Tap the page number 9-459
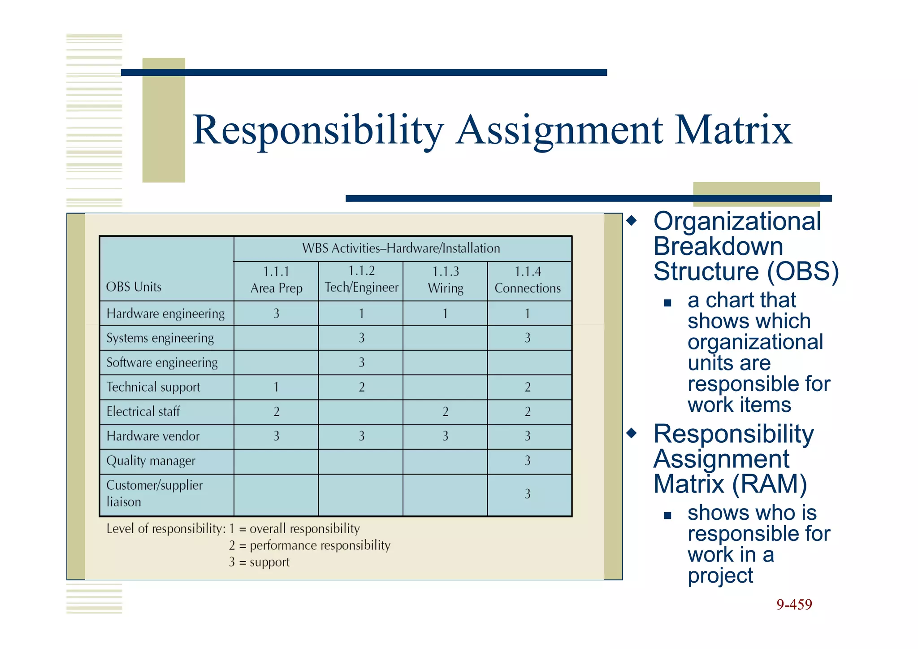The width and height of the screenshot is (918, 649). (794, 605)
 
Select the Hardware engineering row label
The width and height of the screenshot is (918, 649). (165, 314)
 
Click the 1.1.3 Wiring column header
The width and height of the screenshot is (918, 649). (445, 280)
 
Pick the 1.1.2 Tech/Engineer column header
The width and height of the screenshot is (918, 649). (361, 279)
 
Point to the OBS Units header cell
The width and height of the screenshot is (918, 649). (134, 287)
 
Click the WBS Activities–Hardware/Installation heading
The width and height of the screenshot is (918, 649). (401, 248)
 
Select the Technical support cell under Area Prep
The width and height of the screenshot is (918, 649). (276, 387)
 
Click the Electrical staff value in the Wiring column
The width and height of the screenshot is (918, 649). (445, 412)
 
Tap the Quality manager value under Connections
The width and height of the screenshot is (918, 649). (528, 461)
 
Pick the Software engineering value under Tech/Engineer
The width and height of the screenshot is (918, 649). (361, 362)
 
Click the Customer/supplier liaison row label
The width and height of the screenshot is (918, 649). (154, 493)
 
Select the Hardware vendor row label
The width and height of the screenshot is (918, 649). (153, 436)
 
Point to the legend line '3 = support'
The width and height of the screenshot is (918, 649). (259, 562)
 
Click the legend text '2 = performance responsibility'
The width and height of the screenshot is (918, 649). (309, 545)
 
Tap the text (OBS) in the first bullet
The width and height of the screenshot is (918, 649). (802, 271)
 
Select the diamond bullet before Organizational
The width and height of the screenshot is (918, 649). (632, 221)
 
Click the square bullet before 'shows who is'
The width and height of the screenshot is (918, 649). (667, 515)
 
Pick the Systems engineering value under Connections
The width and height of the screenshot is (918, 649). (528, 338)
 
